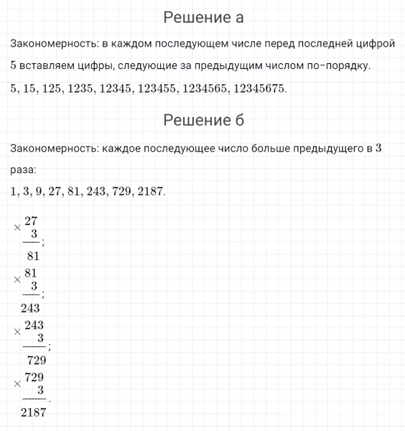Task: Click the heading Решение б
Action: [x=203, y=120]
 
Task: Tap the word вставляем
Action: [x=49, y=66]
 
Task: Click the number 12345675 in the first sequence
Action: [x=255, y=89]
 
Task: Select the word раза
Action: [x=22, y=170]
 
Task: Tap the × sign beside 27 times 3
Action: [x=16, y=227]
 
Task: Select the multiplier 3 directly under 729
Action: [x=40, y=390]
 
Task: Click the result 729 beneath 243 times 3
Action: [x=36, y=361]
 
